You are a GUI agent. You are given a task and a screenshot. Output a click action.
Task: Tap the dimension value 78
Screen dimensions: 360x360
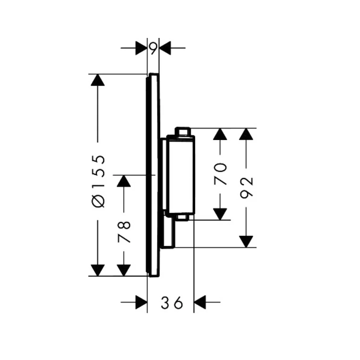coord(124,232)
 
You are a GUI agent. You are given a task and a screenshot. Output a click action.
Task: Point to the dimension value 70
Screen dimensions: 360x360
coord(220,174)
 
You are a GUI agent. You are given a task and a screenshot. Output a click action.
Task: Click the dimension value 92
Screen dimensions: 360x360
coord(246,188)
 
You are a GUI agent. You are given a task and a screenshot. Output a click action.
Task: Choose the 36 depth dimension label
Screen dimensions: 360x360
coord(172,303)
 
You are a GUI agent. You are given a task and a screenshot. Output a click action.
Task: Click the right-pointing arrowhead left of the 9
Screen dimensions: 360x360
coord(141,48)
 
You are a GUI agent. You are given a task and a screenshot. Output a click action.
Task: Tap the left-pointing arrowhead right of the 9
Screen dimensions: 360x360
coord(165,48)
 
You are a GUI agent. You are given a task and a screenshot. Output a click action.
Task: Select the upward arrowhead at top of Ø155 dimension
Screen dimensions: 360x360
coord(98,80)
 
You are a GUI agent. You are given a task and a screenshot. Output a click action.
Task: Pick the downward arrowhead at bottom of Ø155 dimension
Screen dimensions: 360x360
coord(98,270)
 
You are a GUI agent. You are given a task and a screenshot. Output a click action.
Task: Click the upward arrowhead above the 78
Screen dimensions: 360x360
coord(124,181)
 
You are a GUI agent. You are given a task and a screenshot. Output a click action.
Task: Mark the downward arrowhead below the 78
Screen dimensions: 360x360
coord(124,270)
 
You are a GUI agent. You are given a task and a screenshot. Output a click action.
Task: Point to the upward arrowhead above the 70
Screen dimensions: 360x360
coord(220,134)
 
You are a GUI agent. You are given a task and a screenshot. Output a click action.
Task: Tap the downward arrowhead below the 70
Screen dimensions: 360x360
coord(220,214)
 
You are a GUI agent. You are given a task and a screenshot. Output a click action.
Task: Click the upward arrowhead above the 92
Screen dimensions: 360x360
coord(246,134)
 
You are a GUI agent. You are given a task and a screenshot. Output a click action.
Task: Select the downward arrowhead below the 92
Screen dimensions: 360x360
coord(246,242)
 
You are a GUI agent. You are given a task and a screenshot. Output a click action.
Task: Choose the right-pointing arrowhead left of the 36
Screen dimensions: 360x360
coord(141,302)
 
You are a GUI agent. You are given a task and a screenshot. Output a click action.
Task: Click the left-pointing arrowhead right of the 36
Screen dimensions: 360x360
coord(200,302)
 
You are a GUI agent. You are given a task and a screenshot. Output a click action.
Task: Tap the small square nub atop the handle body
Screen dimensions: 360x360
coord(183,131)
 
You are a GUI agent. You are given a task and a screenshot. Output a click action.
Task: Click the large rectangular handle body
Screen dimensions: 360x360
coord(181,174)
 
